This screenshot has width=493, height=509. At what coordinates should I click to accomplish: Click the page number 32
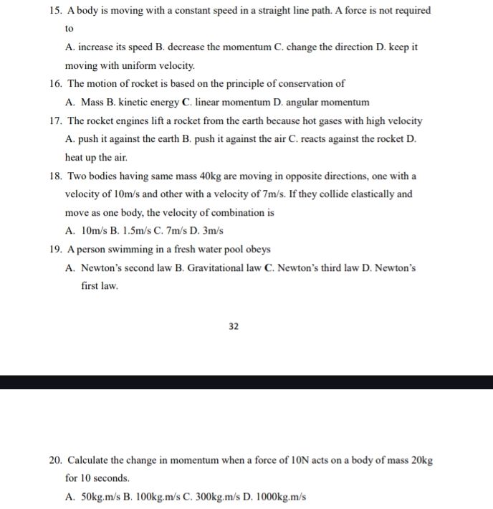234,326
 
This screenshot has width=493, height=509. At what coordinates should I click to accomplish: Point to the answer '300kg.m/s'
212,496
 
